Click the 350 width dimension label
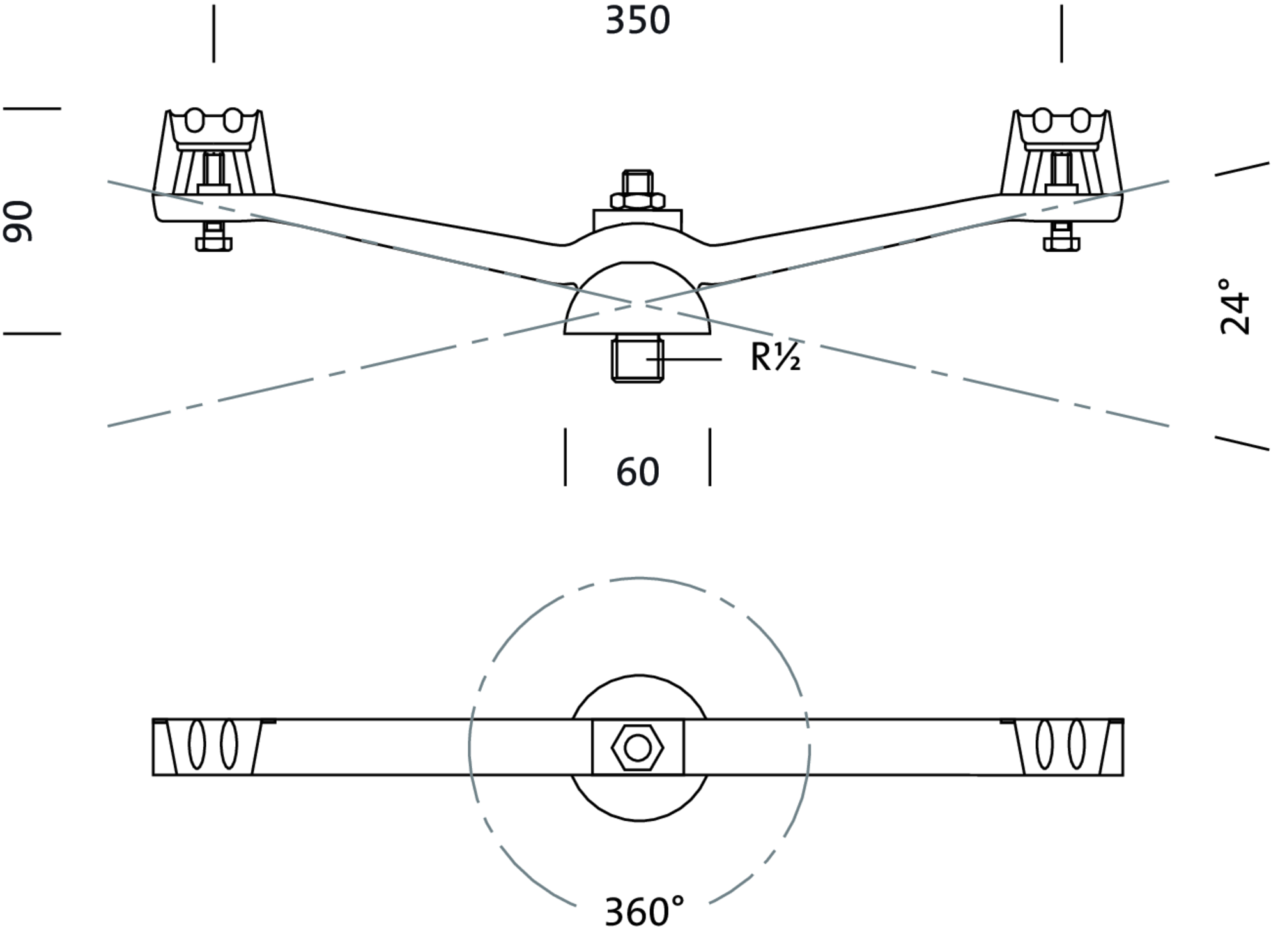[x=637, y=21]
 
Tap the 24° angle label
[x=1235, y=306]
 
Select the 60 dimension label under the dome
[x=637, y=473]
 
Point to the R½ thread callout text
[x=775, y=358]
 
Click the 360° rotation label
[x=643, y=912]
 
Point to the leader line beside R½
[x=690, y=360]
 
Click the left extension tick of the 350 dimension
[x=214, y=33]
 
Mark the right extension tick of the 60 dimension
[x=710, y=457]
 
